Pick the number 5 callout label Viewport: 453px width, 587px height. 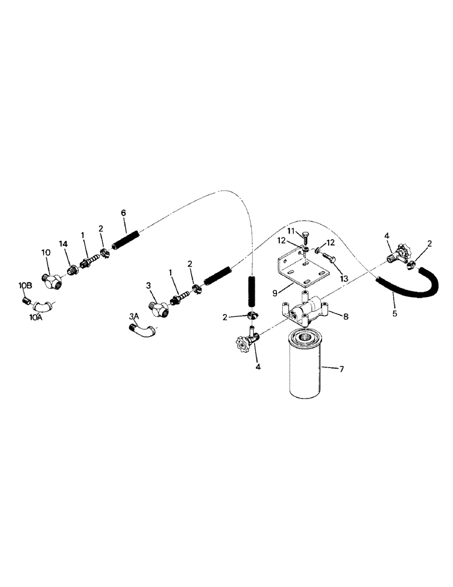pyautogui.click(x=395, y=314)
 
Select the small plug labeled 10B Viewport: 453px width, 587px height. pyautogui.click(x=26, y=301)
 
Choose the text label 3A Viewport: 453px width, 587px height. pyautogui.click(x=133, y=315)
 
